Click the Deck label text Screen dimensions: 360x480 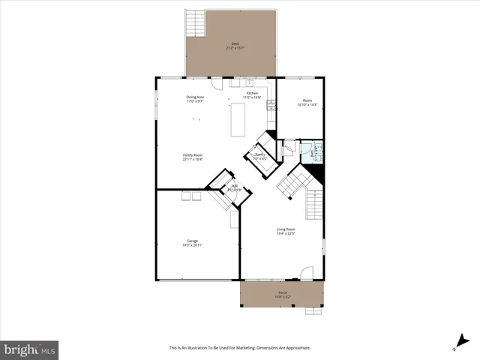[x=235, y=44]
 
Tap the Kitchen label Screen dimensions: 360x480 [x=251, y=93]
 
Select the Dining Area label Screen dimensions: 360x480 [x=196, y=97]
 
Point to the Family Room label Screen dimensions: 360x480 [x=193, y=155]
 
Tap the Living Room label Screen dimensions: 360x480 [x=286, y=229]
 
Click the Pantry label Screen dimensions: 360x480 [x=259, y=155]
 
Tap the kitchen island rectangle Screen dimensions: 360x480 [x=238, y=120]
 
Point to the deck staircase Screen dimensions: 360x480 [x=196, y=22]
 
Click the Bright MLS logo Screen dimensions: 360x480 [x=29, y=349]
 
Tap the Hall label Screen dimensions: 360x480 [x=234, y=186]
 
